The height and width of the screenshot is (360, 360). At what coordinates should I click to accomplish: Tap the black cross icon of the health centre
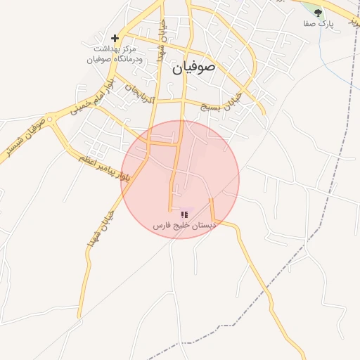[x=115, y=38]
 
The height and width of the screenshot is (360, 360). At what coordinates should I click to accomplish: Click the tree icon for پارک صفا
[x=318, y=12]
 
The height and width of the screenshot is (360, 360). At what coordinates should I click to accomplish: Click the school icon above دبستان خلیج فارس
[x=184, y=214]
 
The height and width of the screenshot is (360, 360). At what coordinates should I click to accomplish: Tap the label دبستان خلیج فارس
[x=184, y=226]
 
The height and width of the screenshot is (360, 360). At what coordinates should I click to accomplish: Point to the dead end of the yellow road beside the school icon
[x=171, y=209]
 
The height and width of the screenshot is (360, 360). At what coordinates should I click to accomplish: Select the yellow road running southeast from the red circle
[x=257, y=267]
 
